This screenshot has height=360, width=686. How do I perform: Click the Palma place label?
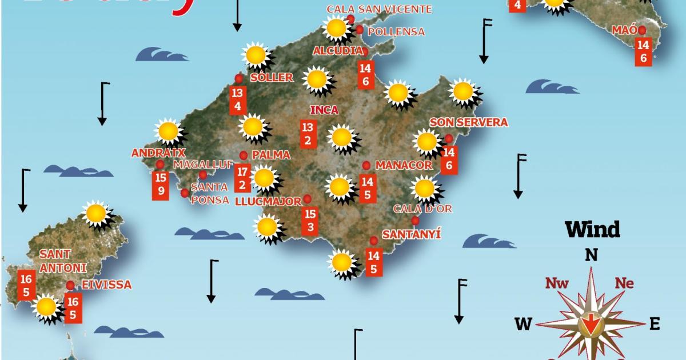point(271,155)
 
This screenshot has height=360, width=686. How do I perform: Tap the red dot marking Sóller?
point(239,78)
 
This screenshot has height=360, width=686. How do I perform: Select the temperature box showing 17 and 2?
point(242,178)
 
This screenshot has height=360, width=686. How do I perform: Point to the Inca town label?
point(324,110)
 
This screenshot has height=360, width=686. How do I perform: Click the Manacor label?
point(404,165)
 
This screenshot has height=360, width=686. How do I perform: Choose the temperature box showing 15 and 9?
point(161,185)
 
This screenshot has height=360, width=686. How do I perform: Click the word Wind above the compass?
point(592,230)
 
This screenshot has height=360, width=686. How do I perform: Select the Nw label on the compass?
point(556,282)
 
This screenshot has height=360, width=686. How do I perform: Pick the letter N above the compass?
point(591,255)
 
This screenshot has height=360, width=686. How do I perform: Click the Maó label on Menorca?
point(624,30)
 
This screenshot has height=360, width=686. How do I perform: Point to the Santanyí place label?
point(412,234)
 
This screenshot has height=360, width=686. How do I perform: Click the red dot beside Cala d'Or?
point(415,221)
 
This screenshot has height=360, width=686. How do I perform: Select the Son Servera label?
point(469,122)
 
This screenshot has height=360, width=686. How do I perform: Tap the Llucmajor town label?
point(268,201)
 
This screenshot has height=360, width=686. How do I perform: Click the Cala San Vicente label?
point(379,9)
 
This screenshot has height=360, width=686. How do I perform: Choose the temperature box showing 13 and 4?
point(238,100)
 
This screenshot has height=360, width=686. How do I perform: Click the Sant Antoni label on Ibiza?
point(63,261)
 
